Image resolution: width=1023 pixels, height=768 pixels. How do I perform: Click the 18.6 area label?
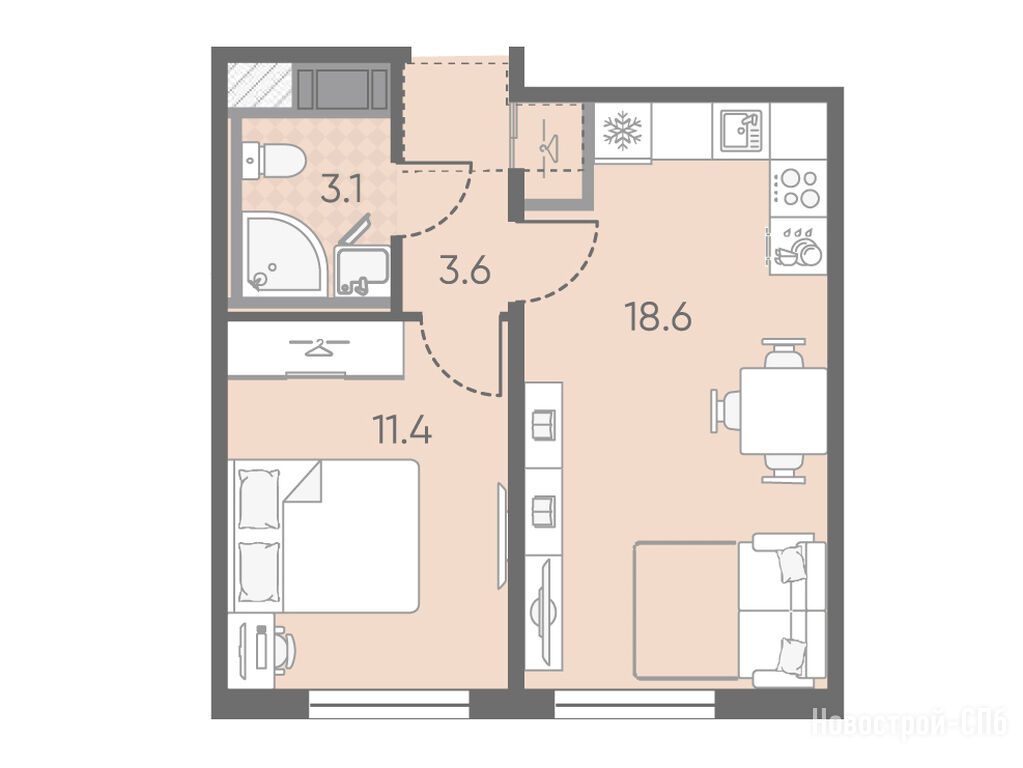tap(658, 318)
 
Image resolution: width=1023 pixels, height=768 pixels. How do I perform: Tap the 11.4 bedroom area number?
tap(401, 429)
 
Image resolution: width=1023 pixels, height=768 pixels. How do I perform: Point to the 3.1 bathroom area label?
tap(341, 190)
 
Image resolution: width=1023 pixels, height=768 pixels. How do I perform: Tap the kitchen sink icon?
tap(741, 130)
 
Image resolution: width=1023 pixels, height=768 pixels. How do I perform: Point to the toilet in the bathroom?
tap(273, 161)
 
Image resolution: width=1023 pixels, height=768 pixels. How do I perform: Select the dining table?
tap(783, 411)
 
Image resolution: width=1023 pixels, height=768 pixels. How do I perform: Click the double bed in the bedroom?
tap(324, 536)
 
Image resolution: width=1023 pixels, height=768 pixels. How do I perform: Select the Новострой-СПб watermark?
tap(910, 723)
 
